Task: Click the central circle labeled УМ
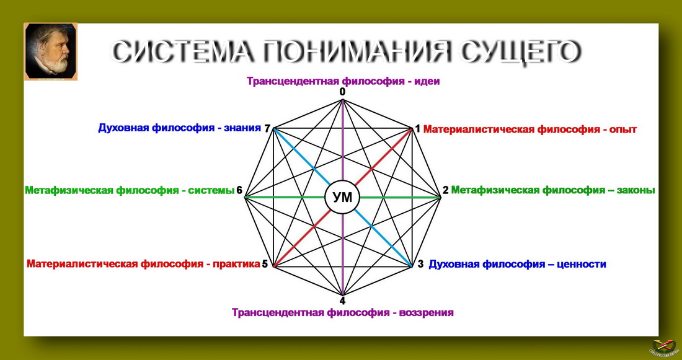pos(343,198)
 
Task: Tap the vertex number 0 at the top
pos(343,92)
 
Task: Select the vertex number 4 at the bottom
pos(343,301)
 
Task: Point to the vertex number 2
pos(446,190)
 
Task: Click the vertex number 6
pos(239,190)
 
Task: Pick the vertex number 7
pos(267,128)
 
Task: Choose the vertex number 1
pos(417,129)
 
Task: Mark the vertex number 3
pos(420,265)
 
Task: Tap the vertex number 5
pos(265,265)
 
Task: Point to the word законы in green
pos(636,190)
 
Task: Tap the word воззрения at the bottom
pos(427,313)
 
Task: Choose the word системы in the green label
pos(211,190)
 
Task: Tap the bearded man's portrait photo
pos(51,52)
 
